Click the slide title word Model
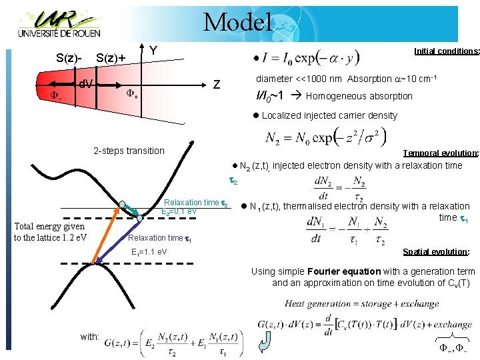tap(237, 22)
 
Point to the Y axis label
tap(153, 51)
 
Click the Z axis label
tap(216, 85)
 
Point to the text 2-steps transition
tap(129, 151)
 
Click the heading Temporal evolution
tap(441, 153)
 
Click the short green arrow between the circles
tap(131, 210)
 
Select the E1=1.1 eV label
tap(149, 252)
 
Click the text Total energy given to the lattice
tap(50, 232)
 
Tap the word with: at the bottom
tap(90, 337)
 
